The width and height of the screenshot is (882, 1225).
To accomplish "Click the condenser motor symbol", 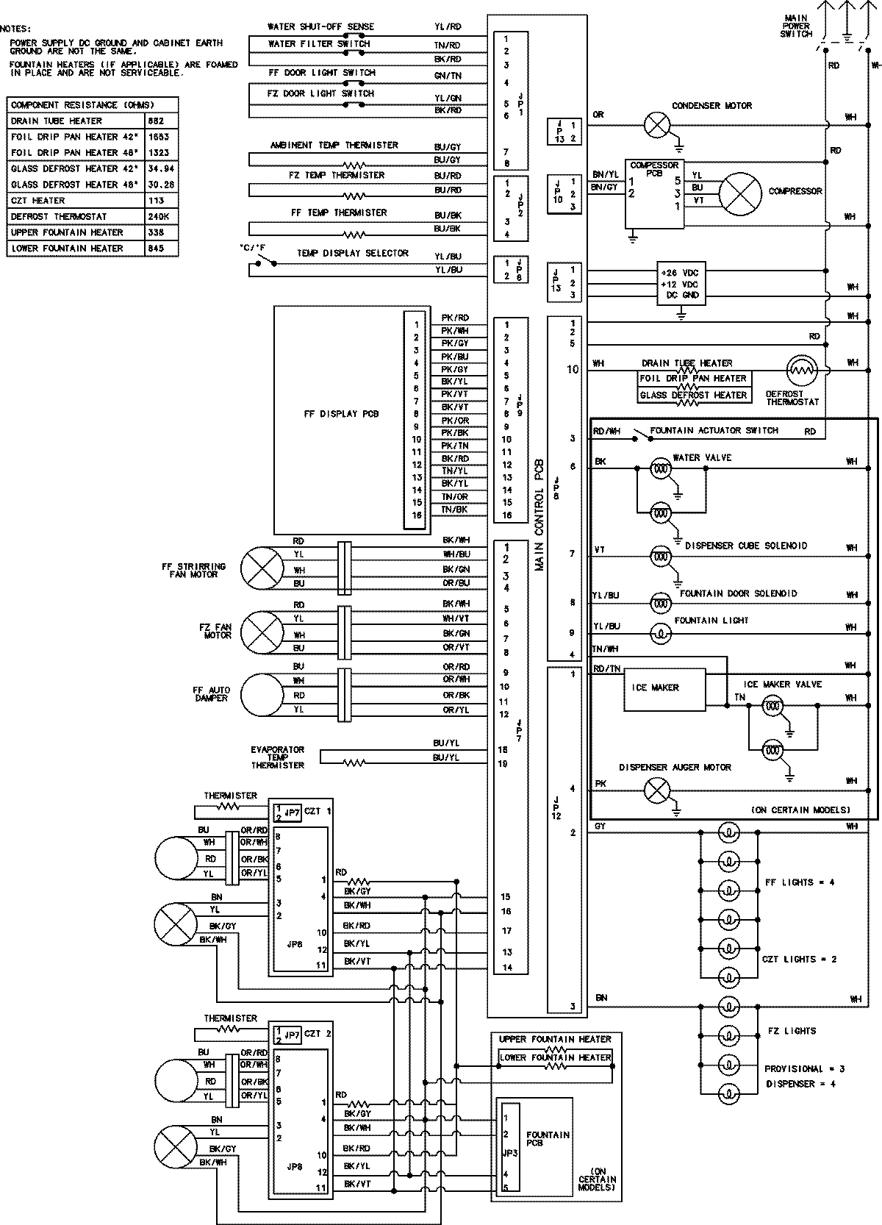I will pyautogui.click(x=657, y=125).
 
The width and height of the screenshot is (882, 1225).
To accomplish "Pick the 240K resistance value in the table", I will pyautogui.click(x=158, y=216).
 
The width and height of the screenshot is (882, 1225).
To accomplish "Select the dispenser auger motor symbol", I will pyautogui.click(x=657, y=790).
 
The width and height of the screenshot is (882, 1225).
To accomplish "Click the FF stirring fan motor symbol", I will pyautogui.click(x=262, y=568).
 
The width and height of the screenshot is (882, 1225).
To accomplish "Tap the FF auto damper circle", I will pyautogui.click(x=262, y=695).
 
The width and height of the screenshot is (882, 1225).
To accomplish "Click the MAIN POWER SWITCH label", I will pyautogui.click(x=796, y=26).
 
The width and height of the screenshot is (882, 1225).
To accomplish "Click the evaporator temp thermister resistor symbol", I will pyautogui.click(x=354, y=762).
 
